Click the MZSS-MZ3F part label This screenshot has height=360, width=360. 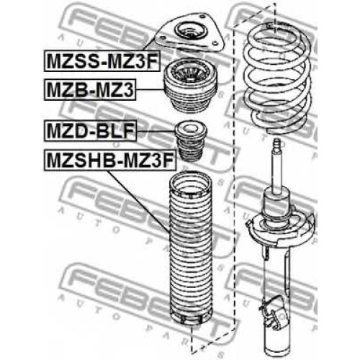102,61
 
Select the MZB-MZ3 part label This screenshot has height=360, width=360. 90,89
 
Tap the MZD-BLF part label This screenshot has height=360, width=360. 90,130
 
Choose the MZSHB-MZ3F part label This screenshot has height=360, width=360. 110,160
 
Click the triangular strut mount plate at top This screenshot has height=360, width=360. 189,34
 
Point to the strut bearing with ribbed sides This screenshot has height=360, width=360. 189,88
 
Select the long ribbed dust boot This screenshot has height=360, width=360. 190,248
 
